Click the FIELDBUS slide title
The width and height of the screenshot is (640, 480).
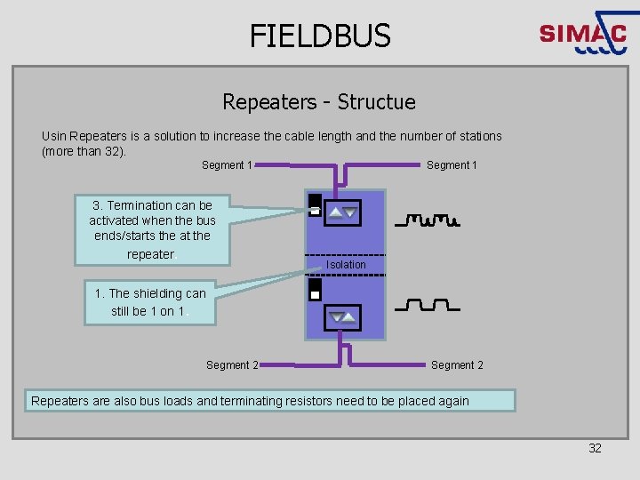tap(320, 36)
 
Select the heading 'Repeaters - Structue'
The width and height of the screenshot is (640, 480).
tap(319, 102)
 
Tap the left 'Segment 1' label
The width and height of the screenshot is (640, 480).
tap(228, 165)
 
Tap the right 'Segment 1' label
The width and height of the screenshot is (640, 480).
tap(452, 165)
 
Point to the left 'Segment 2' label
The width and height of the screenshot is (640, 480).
tap(232, 365)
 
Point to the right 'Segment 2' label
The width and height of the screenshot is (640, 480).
tap(457, 365)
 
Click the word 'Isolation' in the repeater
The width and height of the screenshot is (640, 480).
tap(346, 265)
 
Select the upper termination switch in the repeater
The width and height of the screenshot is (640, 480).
tap(315, 205)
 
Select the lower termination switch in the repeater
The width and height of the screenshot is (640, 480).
tap(315, 290)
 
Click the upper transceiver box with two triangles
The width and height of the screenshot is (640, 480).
tap(343, 212)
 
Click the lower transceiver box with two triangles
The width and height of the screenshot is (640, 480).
tap(343, 316)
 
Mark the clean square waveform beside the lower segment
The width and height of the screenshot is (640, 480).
tap(427, 307)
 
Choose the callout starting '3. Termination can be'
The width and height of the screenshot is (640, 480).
tap(151, 229)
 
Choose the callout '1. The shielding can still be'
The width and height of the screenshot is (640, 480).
tap(149, 302)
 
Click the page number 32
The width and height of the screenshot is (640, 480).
tap(596, 448)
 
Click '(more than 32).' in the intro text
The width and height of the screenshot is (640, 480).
tap(84, 151)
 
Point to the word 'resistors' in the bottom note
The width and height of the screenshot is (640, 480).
tap(326, 401)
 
